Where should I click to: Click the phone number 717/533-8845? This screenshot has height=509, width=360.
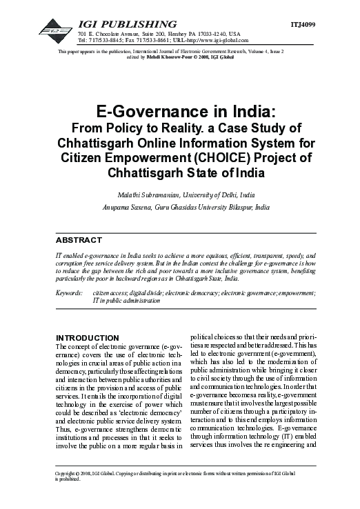tap(106, 40)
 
